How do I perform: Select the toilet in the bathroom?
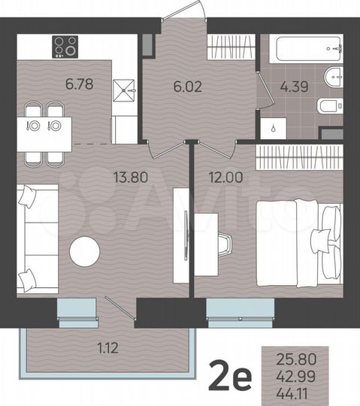[x=329, y=106]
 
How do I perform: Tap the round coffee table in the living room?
[x=84, y=252]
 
